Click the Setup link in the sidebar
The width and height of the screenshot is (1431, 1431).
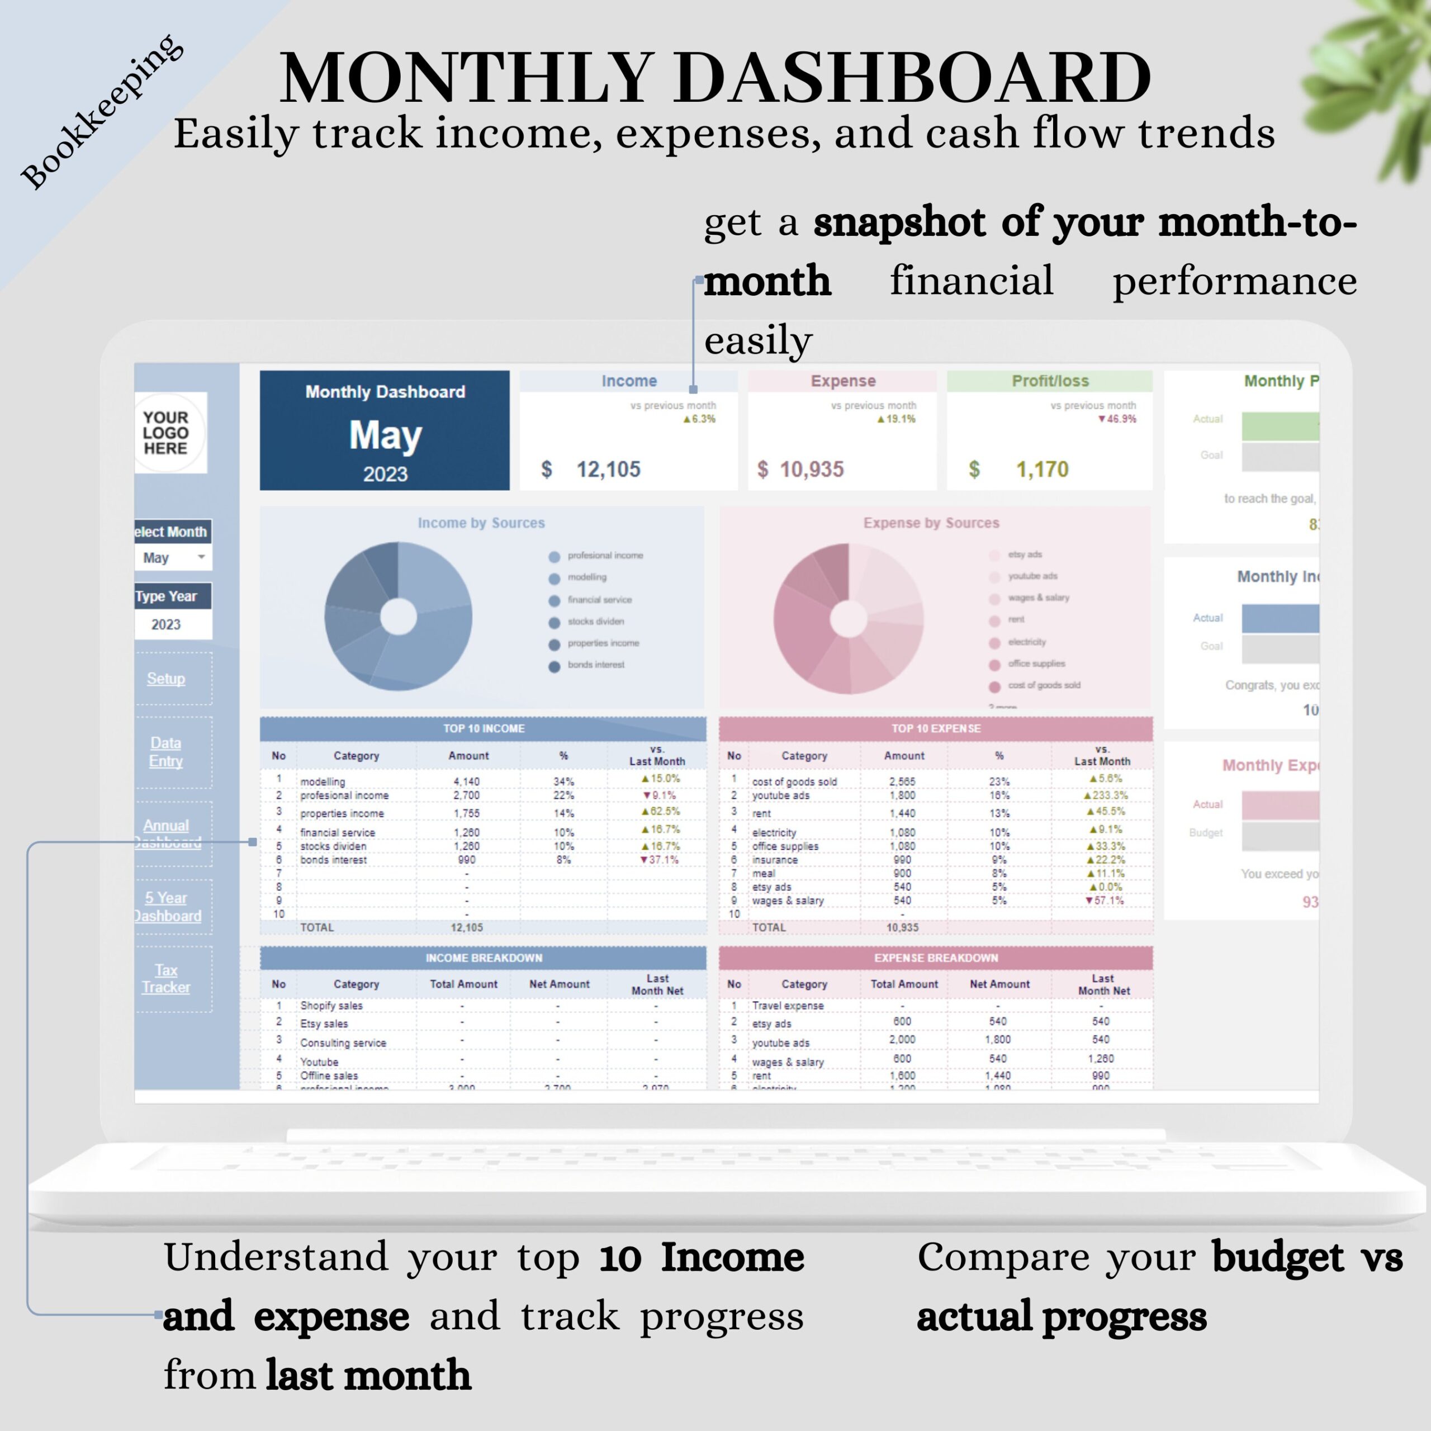click(166, 679)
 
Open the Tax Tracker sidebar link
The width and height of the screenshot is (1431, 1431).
click(166, 978)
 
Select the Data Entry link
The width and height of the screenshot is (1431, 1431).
click(166, 752)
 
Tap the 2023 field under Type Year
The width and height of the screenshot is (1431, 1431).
click(167, 624)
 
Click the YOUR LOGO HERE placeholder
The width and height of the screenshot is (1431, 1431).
click(166, 433)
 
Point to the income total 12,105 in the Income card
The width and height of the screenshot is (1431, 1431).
click(608, 469)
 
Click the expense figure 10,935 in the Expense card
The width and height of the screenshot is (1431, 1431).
click(811, 469)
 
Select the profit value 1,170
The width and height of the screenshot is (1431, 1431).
click(1041, 469)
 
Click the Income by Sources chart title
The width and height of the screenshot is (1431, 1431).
click(481, 523)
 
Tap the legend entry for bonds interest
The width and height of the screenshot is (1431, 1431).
click(595, 665)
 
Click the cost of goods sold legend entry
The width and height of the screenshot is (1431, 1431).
click(1043, 685)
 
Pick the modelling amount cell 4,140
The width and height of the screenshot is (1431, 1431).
click(467, 781)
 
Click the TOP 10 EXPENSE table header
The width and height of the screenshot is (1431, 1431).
click(936, 729)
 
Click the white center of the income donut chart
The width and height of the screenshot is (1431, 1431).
click(399, 617)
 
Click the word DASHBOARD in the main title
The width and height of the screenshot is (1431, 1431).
click(912, 78)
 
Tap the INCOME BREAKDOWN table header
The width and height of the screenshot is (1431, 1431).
click(484, 958)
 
